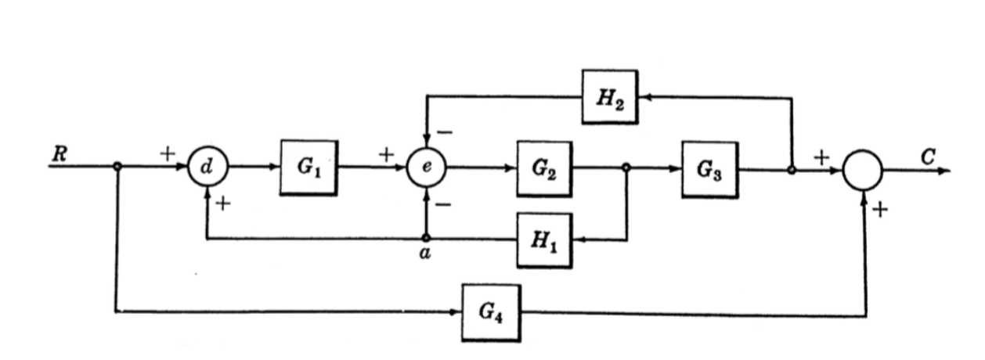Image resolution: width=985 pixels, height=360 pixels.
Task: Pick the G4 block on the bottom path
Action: coord(490,312)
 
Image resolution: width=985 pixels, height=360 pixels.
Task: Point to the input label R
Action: coord(58,154)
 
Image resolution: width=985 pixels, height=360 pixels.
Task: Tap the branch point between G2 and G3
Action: coord(626,167)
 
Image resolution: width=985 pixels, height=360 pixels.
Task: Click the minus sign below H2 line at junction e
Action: coord(444,132)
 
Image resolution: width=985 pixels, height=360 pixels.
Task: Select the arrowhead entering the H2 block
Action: coord(644,97)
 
